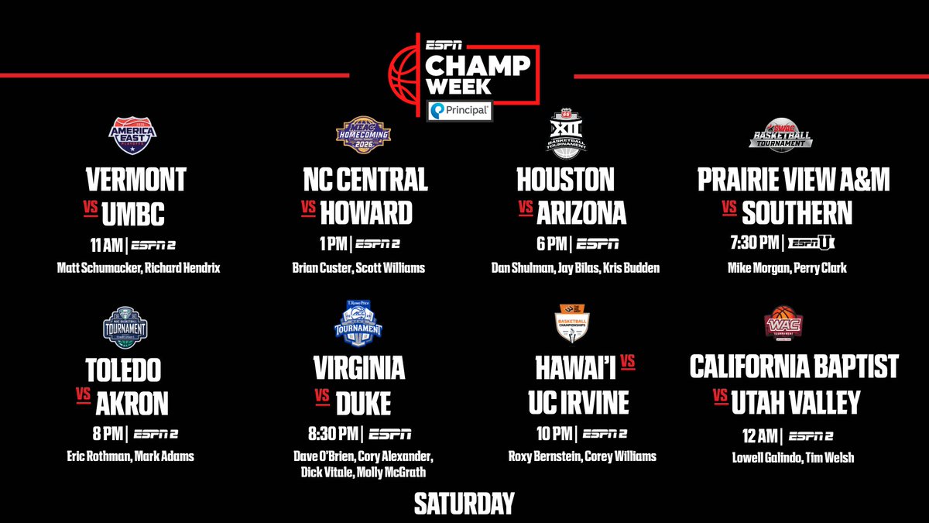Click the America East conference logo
click(x=132, y=136)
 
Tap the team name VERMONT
click(x=135, y=180)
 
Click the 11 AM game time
click(x=106, y=246)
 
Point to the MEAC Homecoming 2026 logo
click(x=362, y=136)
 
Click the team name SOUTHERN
click(x=797, y=212)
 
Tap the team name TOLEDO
click(x=125, y=370)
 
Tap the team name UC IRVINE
click(x=574, y=402)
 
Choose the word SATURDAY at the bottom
click(x=464, y=504)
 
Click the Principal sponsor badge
click(x=459, y=112)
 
